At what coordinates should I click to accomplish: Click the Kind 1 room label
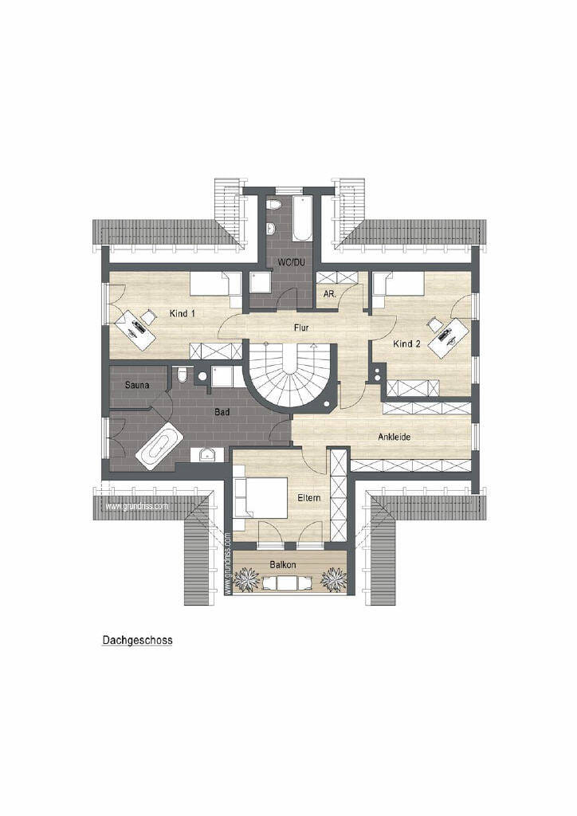pos(182,313)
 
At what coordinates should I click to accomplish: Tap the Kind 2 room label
pos(407,343)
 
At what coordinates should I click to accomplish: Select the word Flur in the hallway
pos(301,328)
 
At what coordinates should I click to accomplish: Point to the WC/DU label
pos(291,262)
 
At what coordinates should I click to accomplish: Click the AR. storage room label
pos(330,294)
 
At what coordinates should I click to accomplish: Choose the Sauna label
pos(137,385)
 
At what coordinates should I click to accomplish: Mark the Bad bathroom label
pos(222,412)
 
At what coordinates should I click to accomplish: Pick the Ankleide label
pos(394,437)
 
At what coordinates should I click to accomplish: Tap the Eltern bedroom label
pos(309,498)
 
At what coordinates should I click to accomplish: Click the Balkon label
pos(283,565)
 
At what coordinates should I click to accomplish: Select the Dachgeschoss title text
pos(137,640)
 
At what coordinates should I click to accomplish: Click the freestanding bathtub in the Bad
pos(159,446)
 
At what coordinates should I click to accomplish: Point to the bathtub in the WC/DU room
pos(302,219)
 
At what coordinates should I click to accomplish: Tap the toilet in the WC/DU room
pos(273,205)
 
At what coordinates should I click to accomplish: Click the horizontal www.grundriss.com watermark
pos(137,506)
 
